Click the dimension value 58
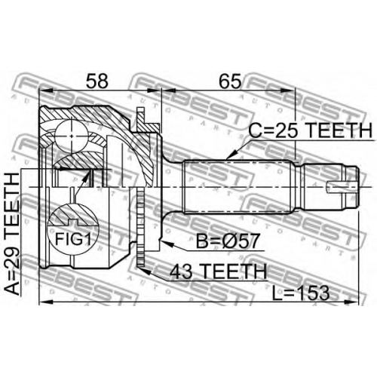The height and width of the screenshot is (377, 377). pyautogui.click(x=97, y=81)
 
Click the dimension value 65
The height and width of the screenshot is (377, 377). pyautogui.click(x=230, y=81)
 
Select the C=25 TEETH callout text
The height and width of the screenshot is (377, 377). pyautogui.click(x=310, y=130)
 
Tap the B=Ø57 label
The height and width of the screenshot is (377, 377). pyautogui.click(x=227, y=241)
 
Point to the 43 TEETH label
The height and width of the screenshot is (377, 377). pyautogui.click(x=218, y=271)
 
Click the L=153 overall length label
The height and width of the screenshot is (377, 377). pyautogui.click(x=301, y=293)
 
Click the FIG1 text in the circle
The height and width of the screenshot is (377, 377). pyautogui.click(x=72, y=239)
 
